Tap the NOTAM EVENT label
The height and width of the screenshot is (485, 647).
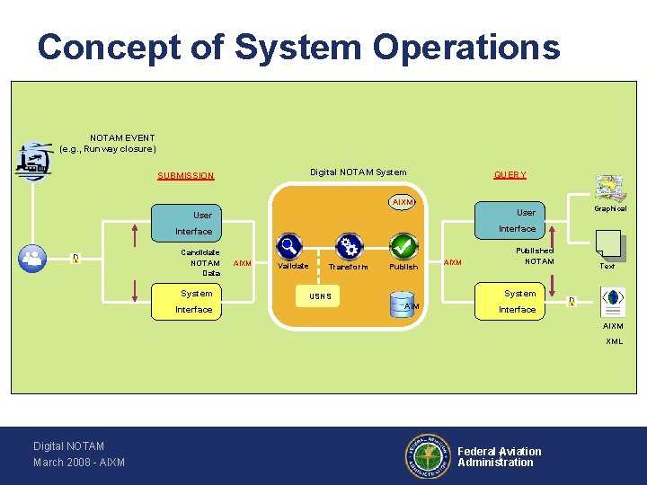tap(122, 138)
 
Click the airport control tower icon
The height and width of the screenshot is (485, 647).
tap(33, 162)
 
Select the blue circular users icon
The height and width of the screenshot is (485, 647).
tap(34, 259)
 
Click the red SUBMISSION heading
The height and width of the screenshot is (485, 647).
tap(186, 176)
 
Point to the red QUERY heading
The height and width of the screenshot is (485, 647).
tap(510, 175)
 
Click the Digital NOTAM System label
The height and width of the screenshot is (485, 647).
tap(358, 172)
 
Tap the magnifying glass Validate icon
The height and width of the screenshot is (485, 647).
tap(289, 245)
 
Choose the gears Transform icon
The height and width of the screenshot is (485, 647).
tap(348, 246)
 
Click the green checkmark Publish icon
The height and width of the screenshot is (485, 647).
tap(403, 245)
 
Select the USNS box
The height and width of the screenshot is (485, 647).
tap(320, 296)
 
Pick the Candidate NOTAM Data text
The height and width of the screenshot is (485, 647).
tap(201, 262)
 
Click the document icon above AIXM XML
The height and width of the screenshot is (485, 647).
tap(613, 301)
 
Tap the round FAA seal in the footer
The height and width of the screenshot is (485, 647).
tap(426, 456)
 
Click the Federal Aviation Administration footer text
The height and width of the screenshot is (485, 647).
tap(499, 457)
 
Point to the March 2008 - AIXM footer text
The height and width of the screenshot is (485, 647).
tap(79, 463)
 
